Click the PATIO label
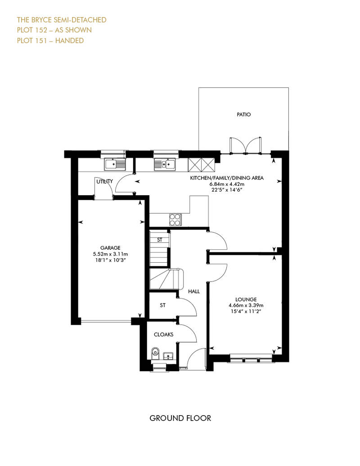(x=244, y=114)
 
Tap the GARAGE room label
(x=110, y=247)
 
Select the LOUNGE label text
(x=246, y=299)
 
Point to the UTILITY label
(x=105, y=181)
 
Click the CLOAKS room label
(x=163, y=334)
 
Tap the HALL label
(x=194, y=291)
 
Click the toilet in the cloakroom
(x=155, y=354)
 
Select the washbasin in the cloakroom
(x=168, y=356)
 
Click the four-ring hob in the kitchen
(x=175, y=220)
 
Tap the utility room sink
(x=115, y=164)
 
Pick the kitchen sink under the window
(x=164, y=164)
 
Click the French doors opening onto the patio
(x=245, y=146)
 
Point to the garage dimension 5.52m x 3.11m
(x=110, y=254)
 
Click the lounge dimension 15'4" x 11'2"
(x=246, y=311)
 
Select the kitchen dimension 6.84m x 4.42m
(x=227, y=184)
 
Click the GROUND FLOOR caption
(x=180, y=418)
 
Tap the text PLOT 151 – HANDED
(x=50, y=40)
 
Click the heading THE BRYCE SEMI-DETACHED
(x=62, y=20)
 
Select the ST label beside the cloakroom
(x=162, y=305)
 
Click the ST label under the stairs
(x=160, y=240)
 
